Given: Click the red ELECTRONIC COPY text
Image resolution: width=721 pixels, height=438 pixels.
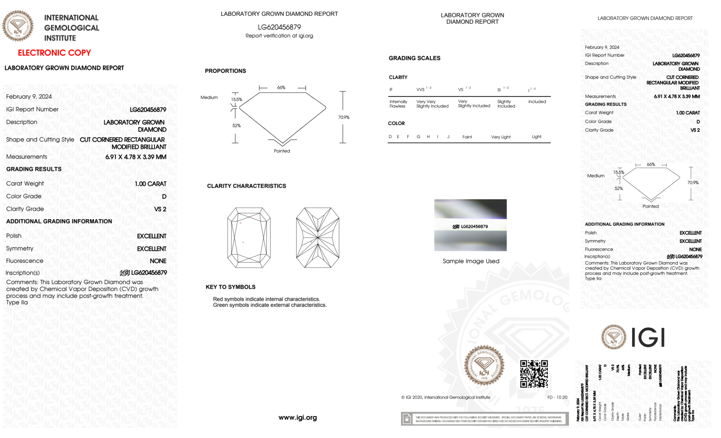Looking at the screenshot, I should (54, 53).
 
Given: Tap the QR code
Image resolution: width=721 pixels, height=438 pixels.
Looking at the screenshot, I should (534, 374).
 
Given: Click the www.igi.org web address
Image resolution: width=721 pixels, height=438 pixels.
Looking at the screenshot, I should (298, 417).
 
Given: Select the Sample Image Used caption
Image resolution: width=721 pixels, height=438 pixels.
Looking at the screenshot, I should (471, 261).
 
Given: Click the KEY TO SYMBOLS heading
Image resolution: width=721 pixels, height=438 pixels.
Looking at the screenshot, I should (231, 287).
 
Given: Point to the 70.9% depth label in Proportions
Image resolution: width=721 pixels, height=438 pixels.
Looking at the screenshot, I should (344, 117).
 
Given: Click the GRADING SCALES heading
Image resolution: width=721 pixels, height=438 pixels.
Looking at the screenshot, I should (414, 58).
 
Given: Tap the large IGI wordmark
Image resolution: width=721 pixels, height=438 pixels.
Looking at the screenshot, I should (648, 338).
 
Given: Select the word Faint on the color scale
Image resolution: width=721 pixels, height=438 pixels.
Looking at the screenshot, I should (467, 137).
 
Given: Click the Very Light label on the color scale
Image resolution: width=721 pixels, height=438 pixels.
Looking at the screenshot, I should (500, 137).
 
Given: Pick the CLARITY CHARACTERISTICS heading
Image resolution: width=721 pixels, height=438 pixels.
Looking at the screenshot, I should (246, 186).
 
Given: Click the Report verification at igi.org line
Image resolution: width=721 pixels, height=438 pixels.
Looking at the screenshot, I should (279, 36).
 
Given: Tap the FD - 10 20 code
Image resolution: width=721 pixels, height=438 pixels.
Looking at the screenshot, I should (557, 397).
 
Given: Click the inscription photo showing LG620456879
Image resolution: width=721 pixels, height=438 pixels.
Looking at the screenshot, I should (470, 225).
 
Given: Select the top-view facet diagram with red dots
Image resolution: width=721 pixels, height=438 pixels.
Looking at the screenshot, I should (249, 238).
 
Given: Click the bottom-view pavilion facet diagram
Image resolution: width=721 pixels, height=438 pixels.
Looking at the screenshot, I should (317, 238).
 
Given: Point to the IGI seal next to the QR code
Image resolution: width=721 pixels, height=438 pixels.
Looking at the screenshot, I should (484, 366).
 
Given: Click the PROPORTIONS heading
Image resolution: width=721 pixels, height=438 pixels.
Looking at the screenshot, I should (225, 71).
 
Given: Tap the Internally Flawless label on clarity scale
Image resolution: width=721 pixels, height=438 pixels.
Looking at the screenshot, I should (398, 104).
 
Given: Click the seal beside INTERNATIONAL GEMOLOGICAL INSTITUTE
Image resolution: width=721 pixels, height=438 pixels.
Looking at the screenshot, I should (18, 26).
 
